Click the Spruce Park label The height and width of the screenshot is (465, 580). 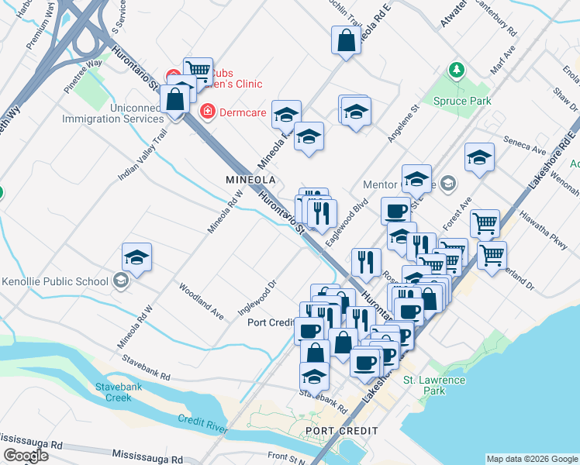point(461,101)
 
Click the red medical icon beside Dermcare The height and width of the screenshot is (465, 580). point(208,112)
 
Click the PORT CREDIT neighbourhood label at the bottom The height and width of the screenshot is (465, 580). point(341,431)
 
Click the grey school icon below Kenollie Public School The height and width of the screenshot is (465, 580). point(120,281)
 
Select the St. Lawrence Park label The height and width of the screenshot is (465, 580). point(434,385)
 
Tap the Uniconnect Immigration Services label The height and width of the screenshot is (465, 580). point(114,113)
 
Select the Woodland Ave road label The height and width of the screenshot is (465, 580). point(202,303)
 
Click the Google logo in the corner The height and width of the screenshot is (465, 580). point(25,456)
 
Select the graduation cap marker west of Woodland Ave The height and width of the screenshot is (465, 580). point(136,257)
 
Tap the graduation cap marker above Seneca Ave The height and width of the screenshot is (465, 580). point(479,157)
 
